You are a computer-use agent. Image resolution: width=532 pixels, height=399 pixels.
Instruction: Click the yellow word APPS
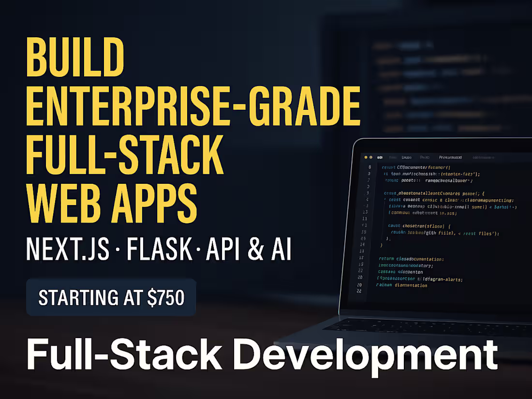click(155, 202)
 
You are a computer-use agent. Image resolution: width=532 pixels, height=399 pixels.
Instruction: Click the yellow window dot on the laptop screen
click(371, 157)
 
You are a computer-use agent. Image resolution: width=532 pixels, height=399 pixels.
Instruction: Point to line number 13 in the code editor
click(365, 212)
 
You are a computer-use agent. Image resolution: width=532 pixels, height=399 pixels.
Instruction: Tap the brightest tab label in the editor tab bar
click(450, 157)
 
